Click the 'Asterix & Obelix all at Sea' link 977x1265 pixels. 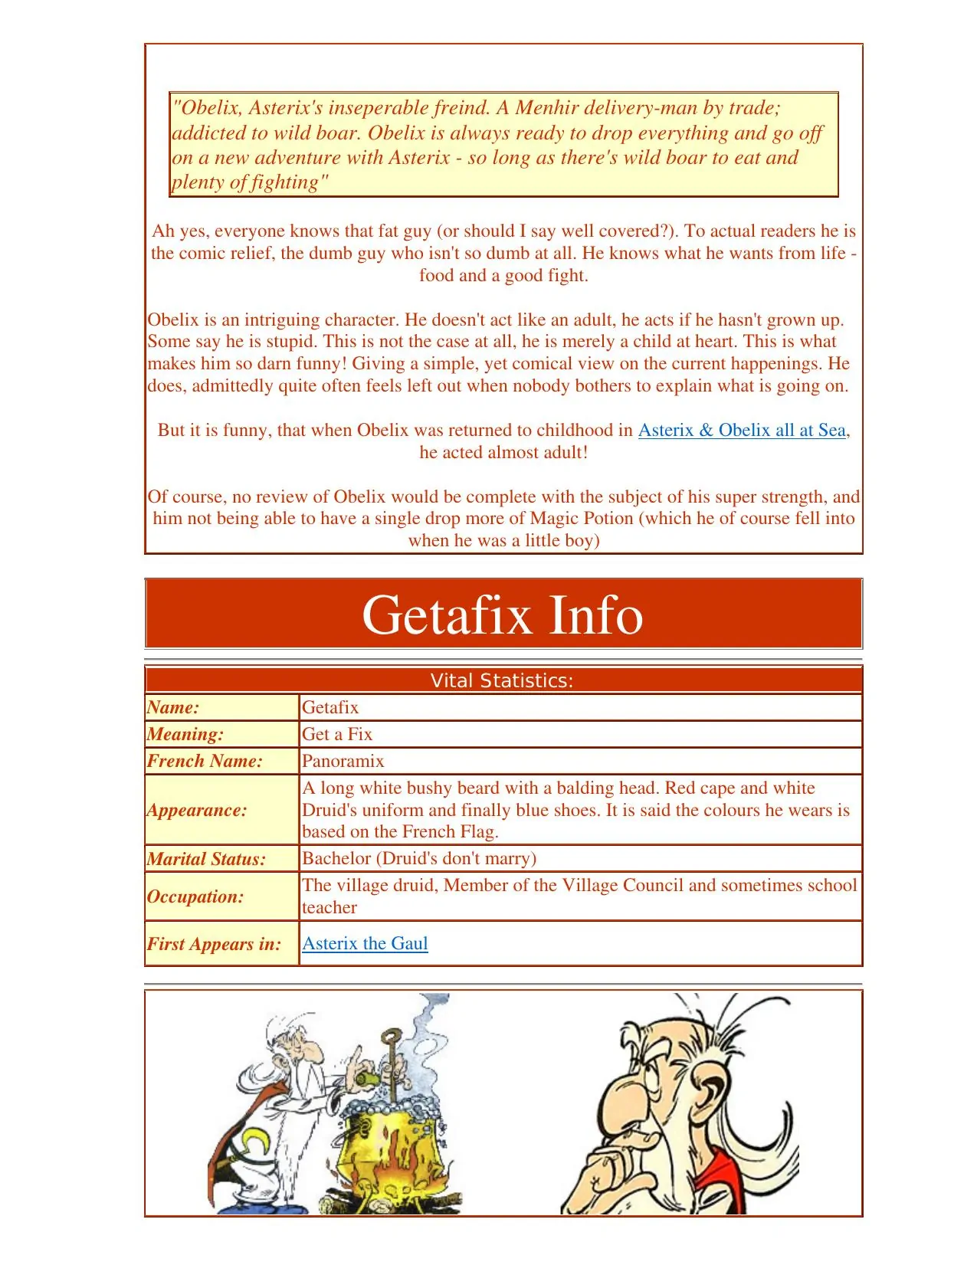pos(742,430)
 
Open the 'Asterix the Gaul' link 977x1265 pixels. pos(365,943)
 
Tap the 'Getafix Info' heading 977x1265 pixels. pos(503,614)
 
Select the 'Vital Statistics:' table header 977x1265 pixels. pos(503,680)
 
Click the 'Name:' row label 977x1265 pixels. pos(173,707)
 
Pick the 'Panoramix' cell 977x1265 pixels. pos(343,761)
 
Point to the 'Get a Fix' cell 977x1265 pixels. pos(337,734)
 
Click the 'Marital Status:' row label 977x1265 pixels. pos(206,859)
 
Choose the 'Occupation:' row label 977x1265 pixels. pos(195,896)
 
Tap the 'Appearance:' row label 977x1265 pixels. pos(197,810)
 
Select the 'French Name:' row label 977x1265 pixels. pos(205,761)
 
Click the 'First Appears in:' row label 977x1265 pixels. pos(214,944)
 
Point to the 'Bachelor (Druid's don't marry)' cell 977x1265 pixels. pos(419,858)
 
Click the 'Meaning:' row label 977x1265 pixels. pos(185,734)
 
